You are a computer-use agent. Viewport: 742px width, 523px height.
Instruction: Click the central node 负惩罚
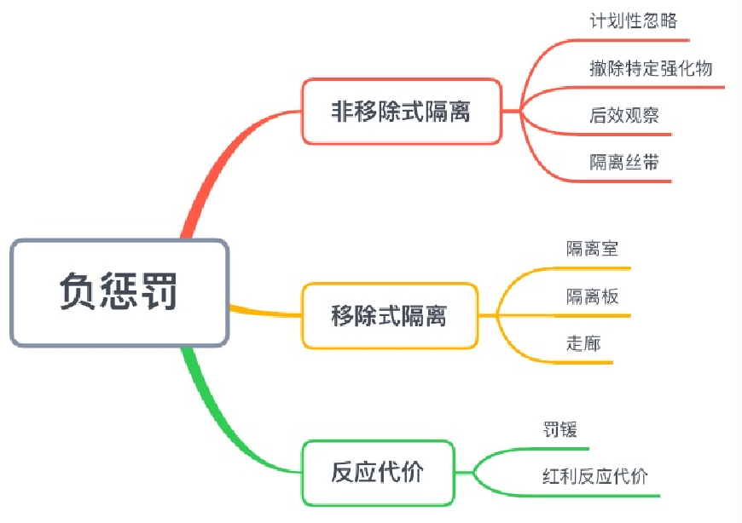tap(119, 292)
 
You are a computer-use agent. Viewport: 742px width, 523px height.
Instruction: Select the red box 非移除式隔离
tap(401, 111)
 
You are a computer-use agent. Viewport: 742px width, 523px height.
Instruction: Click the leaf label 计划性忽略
tap(633, 21)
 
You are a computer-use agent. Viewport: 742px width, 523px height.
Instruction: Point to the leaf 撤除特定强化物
tap(650, 68)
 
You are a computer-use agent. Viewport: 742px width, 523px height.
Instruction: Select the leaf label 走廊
tap(583, 343)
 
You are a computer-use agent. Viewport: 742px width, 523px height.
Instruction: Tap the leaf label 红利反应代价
tap(594, 475)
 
